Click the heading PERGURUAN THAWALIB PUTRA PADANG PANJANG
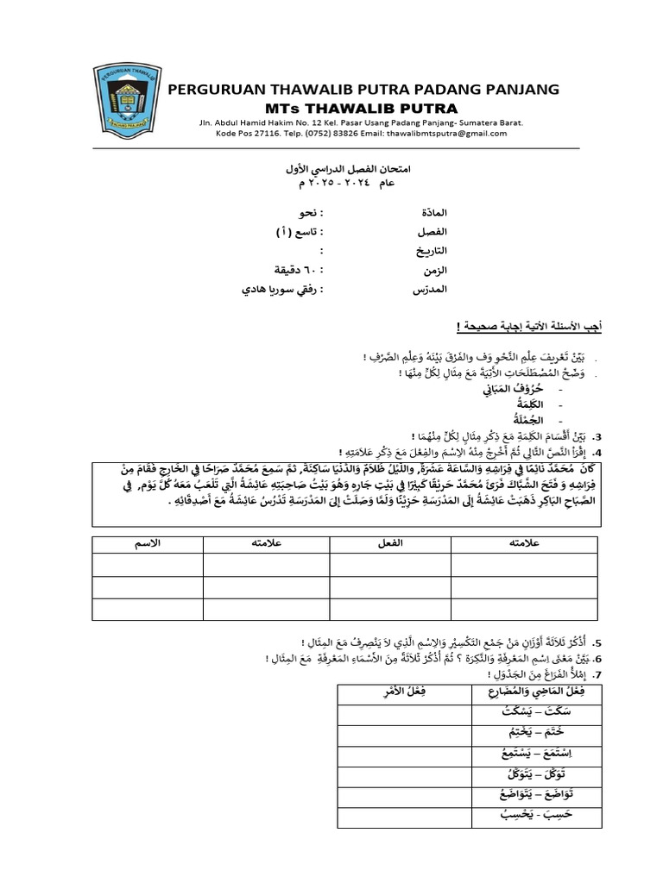pyautogui.click(x=363, y=90)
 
